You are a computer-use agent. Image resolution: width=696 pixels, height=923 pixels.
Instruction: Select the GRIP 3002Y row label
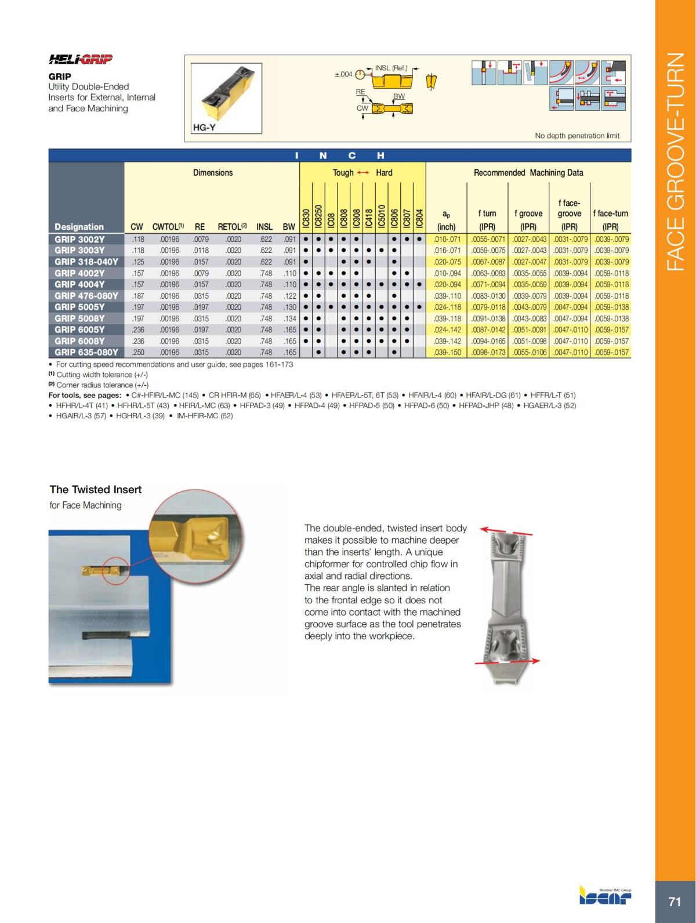(x=79, y=239)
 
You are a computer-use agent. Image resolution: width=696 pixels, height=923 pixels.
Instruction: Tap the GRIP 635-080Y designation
(x=86, y=352)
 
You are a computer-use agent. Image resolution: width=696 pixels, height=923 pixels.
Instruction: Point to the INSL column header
(x=264, y=227)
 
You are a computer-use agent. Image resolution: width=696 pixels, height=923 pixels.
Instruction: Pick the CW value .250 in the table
(x=137, y=352)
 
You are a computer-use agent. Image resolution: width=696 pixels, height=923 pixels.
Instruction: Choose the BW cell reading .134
(x=288, y=318)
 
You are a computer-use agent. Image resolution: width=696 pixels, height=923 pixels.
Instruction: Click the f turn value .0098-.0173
(x=487, y=352)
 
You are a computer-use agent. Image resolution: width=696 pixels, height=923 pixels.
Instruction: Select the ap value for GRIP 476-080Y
(x=447, y=296)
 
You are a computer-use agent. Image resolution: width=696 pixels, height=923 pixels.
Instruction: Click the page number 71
(x=675, y=902)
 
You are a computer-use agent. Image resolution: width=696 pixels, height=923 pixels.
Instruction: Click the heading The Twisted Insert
(x=96, y=490)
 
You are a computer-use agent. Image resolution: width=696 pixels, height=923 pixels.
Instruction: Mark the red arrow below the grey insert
(x=507, y=661)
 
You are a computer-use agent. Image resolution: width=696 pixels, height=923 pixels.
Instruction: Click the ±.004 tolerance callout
(x=344, y=74)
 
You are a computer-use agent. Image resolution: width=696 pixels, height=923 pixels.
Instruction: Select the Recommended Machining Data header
(x=528, y=172)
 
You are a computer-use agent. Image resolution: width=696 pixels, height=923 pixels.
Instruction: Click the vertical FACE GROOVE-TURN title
(x=676, y=162)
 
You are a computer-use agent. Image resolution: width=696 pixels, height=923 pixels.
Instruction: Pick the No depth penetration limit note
(x=577, y=136)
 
